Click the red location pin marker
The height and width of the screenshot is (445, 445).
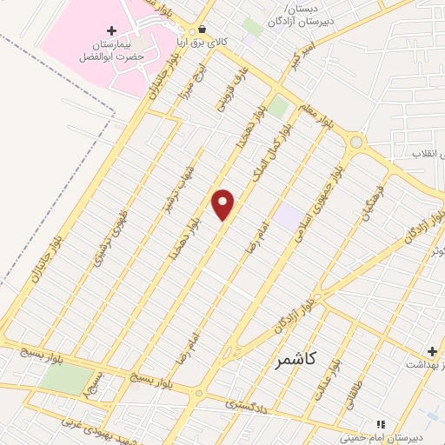pos(223,205)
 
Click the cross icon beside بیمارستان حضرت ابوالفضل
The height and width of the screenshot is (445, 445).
pos(111,30)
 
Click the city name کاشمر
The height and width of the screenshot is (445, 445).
pos(299,358)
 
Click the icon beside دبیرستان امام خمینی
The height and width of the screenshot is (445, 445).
pos(379,424)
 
